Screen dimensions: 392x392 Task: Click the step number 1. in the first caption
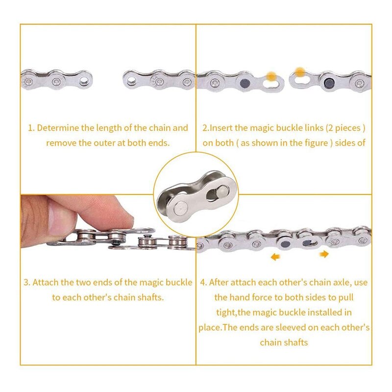(x=31, y=128)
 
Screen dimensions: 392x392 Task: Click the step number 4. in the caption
(x=203, y=283)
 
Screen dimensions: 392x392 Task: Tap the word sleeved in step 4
(x=294, y=327)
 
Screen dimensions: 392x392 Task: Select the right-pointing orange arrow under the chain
(x=324, y=254)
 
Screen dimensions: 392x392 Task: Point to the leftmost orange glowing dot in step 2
(x=271, y=76)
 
